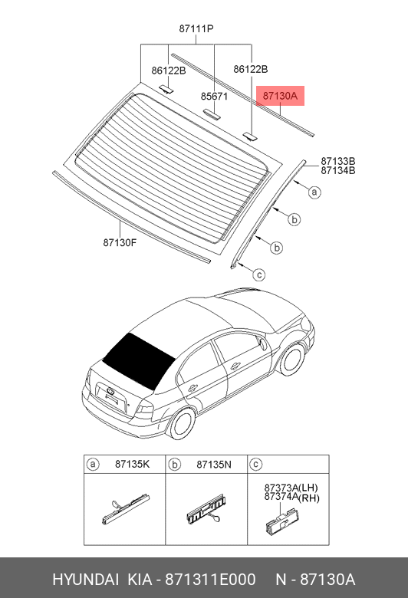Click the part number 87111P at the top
196,28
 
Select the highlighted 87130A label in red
280,96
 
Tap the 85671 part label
214,96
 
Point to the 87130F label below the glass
120,242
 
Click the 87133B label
337,161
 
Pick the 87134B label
337,170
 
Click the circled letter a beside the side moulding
314,192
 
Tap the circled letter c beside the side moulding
259,274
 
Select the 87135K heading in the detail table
133,464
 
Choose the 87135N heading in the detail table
214,464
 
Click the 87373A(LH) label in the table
291,488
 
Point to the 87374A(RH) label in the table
291,497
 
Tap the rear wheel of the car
182,423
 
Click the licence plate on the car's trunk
111,397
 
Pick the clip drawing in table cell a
126,509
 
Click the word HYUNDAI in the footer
85,580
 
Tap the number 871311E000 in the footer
210,580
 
